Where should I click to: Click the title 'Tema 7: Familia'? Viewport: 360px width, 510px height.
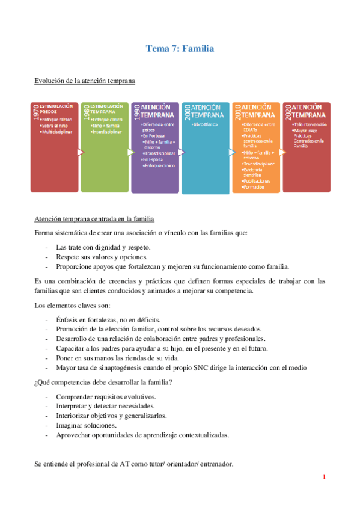(180, 48)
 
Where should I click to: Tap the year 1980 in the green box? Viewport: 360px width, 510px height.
(86, 112)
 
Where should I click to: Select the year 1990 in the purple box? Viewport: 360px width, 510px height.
(136, 112)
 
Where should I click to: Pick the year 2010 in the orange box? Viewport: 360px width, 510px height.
(237, 112)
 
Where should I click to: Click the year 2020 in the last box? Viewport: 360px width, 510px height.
(288, 112)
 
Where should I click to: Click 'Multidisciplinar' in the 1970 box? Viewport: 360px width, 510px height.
(59, 131)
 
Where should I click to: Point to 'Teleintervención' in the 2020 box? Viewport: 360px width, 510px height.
(311, 124)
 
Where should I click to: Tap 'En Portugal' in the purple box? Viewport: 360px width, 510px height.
(153, 137)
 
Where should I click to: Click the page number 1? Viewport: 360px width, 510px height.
(324, 478)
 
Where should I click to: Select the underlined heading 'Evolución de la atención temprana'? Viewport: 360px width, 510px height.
(85, 80)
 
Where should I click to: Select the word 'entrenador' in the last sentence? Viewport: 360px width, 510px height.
(215, 465)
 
